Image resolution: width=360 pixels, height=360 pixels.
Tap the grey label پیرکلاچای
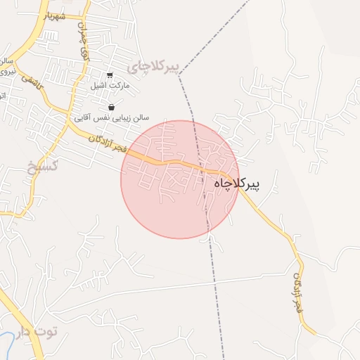pos(154,67)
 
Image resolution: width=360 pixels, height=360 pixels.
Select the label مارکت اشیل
pos(108,86)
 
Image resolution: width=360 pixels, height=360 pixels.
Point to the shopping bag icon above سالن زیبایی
pos(111,107)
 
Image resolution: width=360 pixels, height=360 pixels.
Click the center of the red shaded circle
pos(179,179)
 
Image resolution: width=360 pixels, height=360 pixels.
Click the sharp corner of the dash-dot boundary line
pos(179,74)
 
